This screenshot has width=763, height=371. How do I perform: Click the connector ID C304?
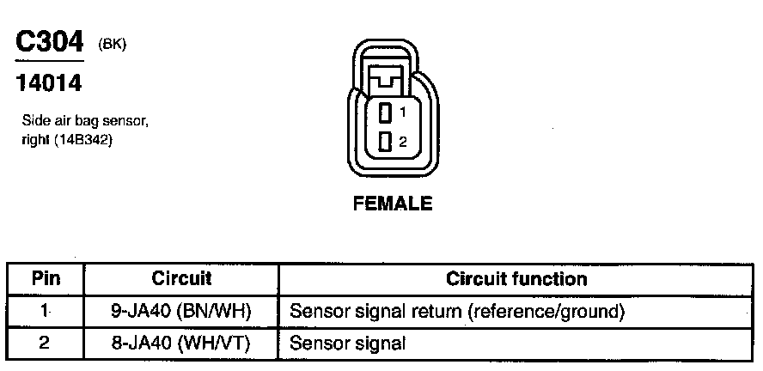point(49,43)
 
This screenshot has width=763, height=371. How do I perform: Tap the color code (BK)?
point(113,45)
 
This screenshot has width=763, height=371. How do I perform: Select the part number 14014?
point(49,84)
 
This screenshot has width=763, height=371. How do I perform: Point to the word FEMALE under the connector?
point(392,204)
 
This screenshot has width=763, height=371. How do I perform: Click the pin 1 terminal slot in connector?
point(386,111)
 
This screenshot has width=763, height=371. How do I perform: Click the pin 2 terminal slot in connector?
point(386,141)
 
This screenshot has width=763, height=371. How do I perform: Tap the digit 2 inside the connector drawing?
point(402,141)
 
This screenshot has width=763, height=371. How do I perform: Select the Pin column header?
point(45,279)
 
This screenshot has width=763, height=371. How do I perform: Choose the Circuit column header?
point(181,279)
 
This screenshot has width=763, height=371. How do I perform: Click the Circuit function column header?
point(516,279)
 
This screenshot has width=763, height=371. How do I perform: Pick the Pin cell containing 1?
point(45,311)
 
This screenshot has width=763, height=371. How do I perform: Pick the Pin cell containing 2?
point(45,343)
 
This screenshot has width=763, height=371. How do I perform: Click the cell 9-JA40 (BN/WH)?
point(181,311)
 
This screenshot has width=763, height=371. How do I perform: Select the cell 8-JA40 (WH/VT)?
point(181,343)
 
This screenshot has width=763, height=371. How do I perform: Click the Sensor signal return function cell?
point(457,311)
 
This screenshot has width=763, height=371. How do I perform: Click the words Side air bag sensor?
point(85,123)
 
